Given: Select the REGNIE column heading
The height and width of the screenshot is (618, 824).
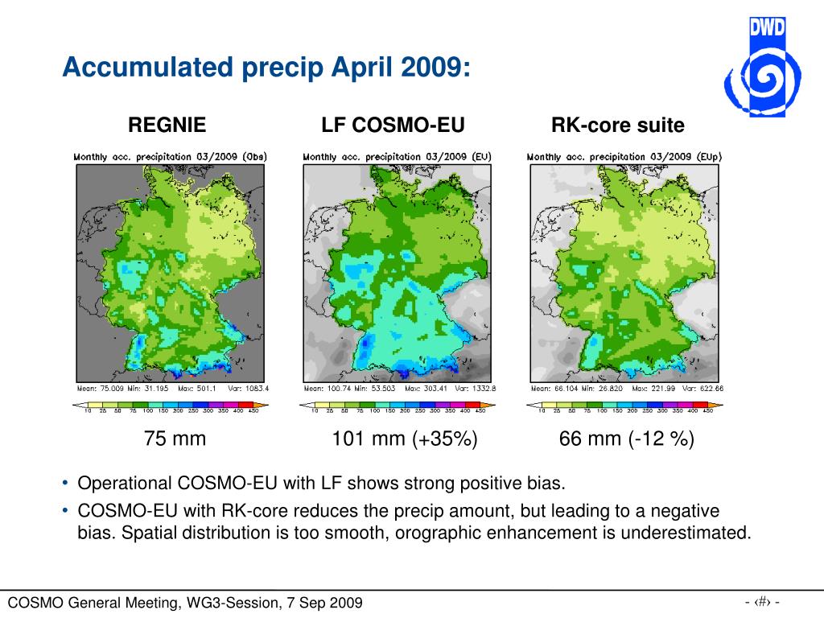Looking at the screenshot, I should (167, 125).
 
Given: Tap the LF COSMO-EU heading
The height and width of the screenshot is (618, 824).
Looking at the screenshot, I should (393, 125).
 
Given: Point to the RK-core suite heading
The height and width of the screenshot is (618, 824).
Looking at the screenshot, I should (618, 125).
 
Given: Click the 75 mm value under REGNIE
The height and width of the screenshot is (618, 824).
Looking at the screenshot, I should (175, 439).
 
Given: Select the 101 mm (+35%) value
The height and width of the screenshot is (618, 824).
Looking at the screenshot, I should (405, 439).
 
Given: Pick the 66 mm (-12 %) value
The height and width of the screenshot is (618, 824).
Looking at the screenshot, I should (627, 439).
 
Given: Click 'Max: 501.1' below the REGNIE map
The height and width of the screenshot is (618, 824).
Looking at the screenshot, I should (201, 388).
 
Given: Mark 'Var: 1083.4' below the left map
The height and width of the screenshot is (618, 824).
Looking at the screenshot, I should (250, 388).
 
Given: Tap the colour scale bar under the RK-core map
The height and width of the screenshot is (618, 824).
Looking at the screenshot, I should (624, 404).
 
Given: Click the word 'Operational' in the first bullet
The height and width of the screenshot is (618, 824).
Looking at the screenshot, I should (125, 484).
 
